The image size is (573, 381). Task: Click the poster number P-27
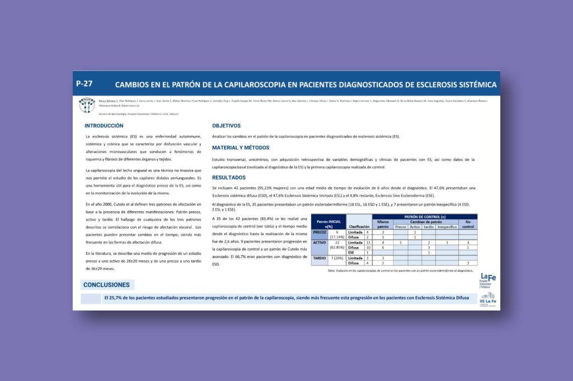[x=84, y=83]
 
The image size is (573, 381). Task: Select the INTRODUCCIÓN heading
[x=104, y=126]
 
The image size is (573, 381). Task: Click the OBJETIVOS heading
[x=226, y=126]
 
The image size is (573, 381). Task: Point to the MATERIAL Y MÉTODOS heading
[x=241, y=148]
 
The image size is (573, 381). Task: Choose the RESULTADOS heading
[x=229, y=178]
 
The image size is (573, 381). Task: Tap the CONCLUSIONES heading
[x=106, y=285]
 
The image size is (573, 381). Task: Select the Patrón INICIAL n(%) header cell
[x=328, y=224]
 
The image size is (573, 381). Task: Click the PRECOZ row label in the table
[x=320, y=232]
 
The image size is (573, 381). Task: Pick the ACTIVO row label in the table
[x=320, y=242]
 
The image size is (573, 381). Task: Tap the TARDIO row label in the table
[x=320, y=258]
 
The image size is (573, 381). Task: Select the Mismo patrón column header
[x=383, y=224]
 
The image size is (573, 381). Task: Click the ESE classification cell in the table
[x=351, y=253]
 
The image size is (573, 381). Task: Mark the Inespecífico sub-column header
[x=447, y=227]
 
